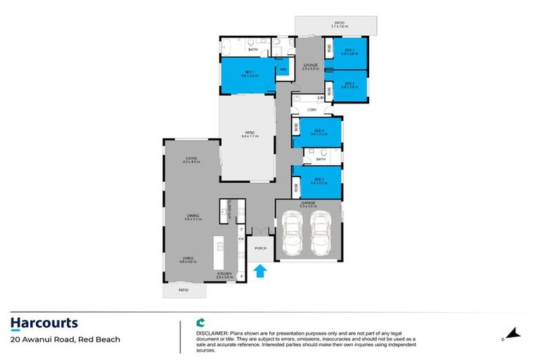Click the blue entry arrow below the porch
coord(259,271)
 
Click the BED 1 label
coord(248,72)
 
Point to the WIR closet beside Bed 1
coord(283,69)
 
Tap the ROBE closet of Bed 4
coord(296,131)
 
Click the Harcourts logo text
coord(44,323)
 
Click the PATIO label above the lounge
coord(339,24)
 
